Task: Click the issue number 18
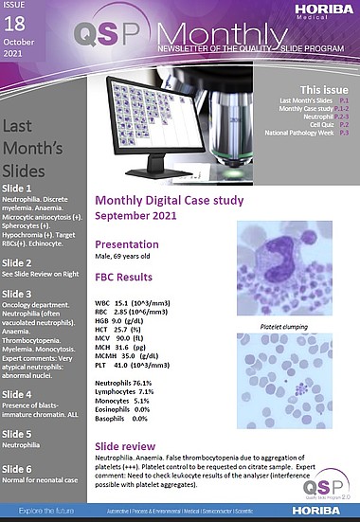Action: (16, 28)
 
